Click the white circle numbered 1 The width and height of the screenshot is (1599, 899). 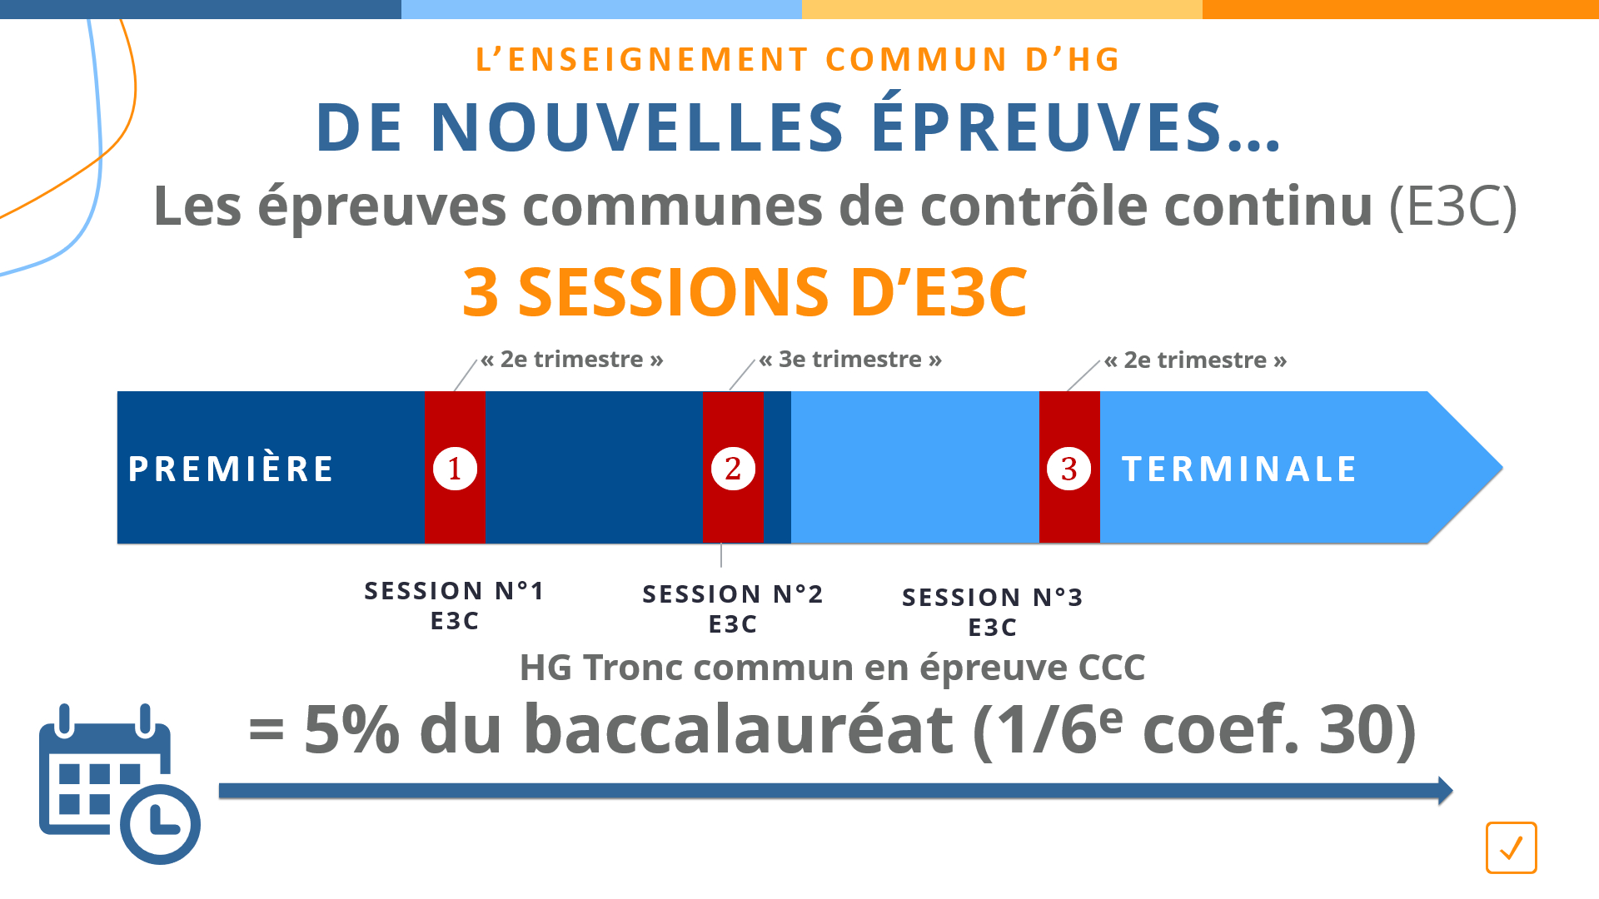[455, 469]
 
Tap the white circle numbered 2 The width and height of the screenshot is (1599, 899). [733, 469]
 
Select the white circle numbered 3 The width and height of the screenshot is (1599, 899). [1069, 469]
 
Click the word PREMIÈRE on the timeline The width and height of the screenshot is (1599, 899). [231, 468]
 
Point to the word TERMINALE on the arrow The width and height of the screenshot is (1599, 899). [1239, 469]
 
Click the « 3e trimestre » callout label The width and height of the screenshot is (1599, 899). [850, 360]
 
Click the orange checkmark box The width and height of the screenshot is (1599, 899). [1512, 847]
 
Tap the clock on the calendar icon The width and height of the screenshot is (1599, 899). [161, 824]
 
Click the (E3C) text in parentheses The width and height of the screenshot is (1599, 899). [1453, 206]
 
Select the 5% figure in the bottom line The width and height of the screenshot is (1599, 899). [351, 730]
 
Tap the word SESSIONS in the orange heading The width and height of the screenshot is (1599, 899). [673, 292]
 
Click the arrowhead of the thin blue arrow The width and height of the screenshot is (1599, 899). [1446, 790]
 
